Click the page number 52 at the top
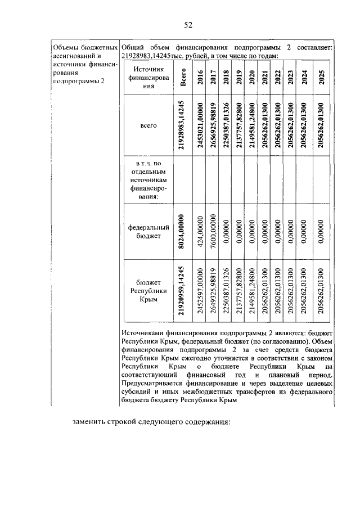click(188, 24)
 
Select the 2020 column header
click(251, 78)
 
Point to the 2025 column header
click(321, 78)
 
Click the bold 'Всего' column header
click(183, 78)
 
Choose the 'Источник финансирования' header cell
click(148, 78)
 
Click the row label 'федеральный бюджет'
click(148, 232)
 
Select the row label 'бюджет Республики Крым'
click(148, 291)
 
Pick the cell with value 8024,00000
click(183, 232)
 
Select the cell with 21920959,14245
click(183, 291)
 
